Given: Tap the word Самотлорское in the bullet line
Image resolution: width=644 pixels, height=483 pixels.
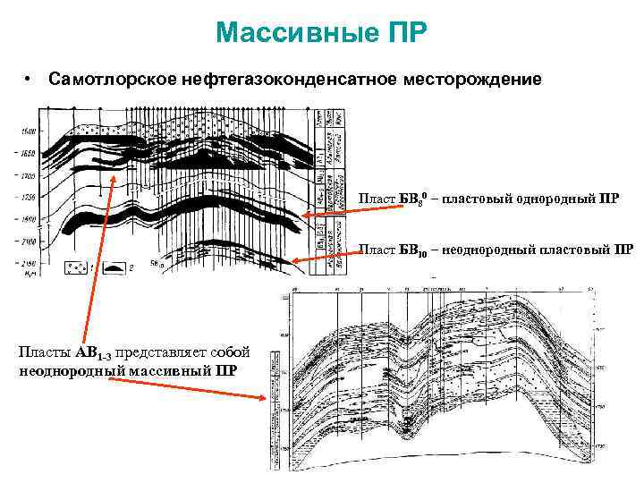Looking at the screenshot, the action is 106,80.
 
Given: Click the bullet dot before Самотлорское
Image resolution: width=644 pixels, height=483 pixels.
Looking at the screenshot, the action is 30,80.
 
